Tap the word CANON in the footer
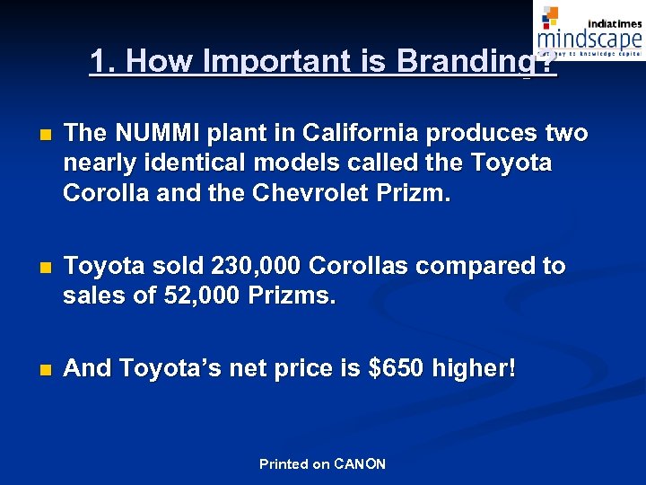tap(360, 464)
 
